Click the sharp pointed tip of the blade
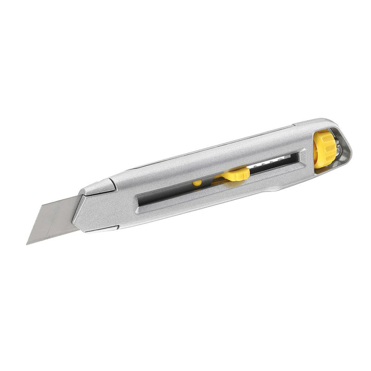click(28, 243)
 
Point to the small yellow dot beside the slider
click(197, 183)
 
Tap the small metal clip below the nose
click(103, 228)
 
